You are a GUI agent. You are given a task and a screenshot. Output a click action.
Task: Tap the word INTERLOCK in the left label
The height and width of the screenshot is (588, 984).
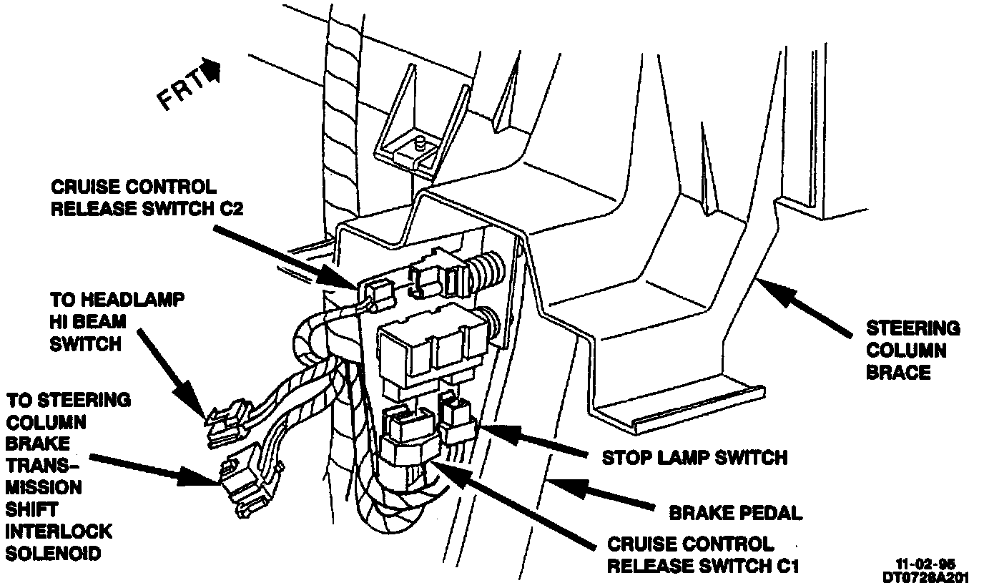(59, 532)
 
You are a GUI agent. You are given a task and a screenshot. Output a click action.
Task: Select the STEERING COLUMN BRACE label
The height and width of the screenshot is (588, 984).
(912, 350)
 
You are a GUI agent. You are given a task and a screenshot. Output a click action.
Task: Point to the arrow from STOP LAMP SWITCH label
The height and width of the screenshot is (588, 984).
(536, 440)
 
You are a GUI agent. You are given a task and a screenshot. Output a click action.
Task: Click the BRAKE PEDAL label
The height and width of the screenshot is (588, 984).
(734, 512)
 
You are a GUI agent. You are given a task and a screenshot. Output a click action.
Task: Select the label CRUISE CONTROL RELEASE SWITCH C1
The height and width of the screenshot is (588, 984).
(702, 555)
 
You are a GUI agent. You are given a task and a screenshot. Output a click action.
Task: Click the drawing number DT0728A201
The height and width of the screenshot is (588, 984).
(927, 576)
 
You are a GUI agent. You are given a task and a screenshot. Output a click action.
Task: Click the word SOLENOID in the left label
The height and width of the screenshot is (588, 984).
(54, 554)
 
